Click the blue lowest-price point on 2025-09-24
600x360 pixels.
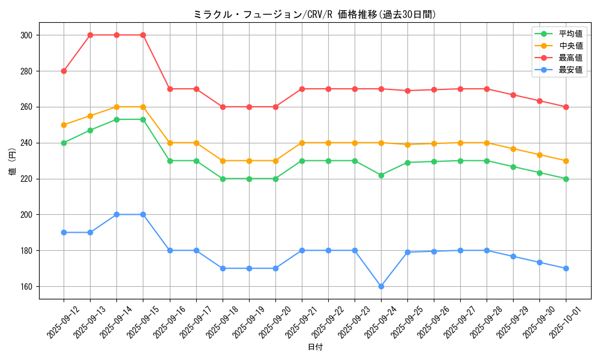(x=381, y=286)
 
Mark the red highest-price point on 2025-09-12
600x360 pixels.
(x=64, y=71)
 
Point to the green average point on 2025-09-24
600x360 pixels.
(x=381, y=175)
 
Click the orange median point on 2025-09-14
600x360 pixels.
(x=116, y=107)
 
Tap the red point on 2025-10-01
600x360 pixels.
(x=566, y=107)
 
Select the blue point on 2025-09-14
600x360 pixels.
(x=116, y=214)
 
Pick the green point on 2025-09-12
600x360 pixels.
(x=64, y=143)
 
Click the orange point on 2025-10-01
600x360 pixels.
(x=566, y=161)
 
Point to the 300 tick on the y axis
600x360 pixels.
(x=26, y=35)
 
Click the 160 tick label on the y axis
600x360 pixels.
(x=26, y=286)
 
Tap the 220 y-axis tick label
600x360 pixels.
(x=26, y=179)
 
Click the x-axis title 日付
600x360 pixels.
(x=314, y=347)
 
